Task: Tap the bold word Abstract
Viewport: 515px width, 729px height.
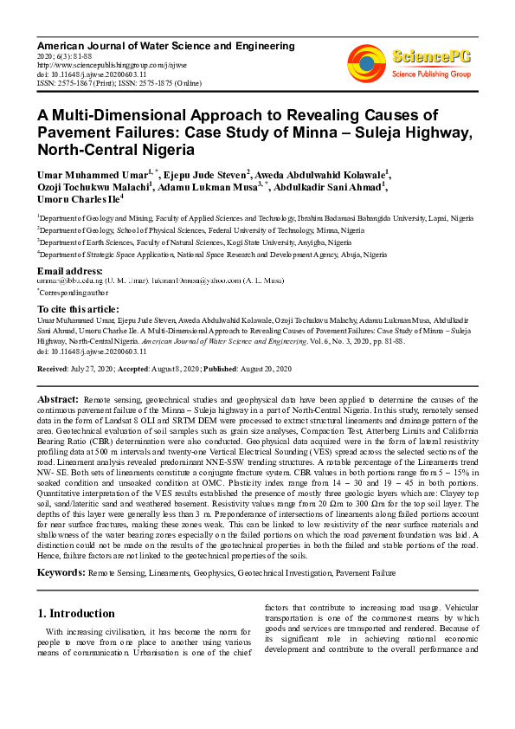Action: click(59, 397)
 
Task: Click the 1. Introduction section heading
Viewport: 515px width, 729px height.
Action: click(78, 613)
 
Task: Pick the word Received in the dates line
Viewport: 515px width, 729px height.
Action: click(54, 369)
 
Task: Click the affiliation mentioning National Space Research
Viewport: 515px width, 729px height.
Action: click(211, 255)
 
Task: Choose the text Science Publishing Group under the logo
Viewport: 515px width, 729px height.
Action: click(431, 74)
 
